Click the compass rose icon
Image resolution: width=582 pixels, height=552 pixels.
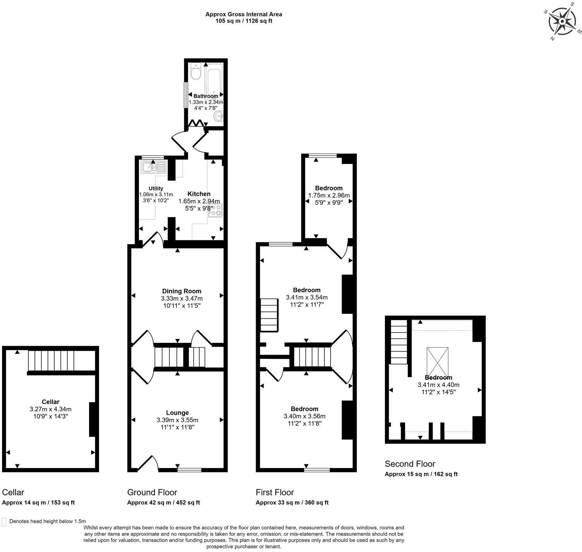(x=562, y=21)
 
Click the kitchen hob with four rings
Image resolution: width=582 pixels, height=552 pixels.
(x=215, y=210)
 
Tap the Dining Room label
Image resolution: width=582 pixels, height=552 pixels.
(x=182, y=291)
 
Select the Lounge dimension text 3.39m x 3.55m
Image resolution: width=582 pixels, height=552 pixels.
(x=177, y=420)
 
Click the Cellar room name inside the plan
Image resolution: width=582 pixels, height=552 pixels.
(x=51, y=402)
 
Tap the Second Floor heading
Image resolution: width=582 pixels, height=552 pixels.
(x=410, y=464)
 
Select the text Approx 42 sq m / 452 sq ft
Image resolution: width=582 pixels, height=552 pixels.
(x=163, y=502)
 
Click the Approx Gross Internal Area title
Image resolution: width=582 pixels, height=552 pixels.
(x=244, y=15)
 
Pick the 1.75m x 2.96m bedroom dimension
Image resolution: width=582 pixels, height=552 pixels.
(x=329, y=196)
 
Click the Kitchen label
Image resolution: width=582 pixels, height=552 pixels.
(x=199, y=194)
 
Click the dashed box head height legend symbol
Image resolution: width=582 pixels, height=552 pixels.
(x=4, y=522)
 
